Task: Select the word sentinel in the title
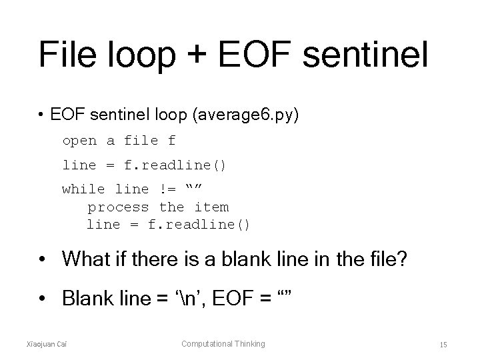[364, 55]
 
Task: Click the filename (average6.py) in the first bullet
[246, 116]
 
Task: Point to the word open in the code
[79, 141]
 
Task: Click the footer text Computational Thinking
[223, 344]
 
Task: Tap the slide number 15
[443, 345]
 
